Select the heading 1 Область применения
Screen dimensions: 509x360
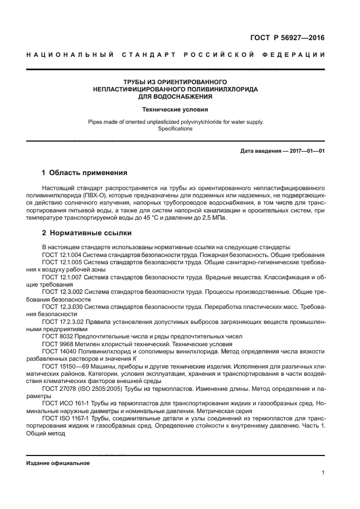[x=85, y=173]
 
